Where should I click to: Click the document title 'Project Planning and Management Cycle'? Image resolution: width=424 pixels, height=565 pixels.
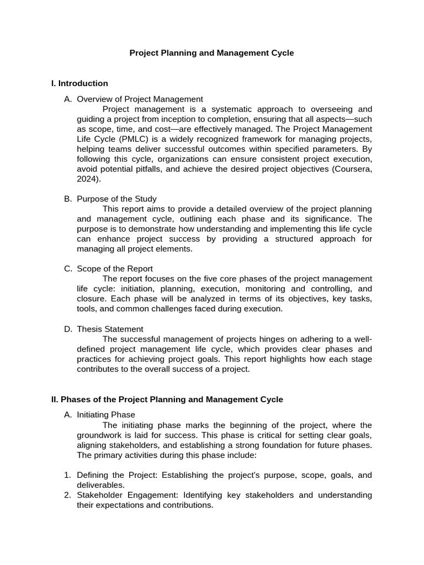point(211,53)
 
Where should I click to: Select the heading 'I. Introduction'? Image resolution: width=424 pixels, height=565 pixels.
point(79,83)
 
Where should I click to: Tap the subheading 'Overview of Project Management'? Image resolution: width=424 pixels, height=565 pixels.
point(140,99)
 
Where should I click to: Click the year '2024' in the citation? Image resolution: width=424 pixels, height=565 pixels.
point(86,178)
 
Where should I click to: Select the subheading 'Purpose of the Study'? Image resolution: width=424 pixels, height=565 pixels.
point(116,199)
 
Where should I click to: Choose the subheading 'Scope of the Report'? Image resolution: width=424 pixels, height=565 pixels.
point(115,269)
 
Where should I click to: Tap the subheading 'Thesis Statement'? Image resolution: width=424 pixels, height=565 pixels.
point(110,329)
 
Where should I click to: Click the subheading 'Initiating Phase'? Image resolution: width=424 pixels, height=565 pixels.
point(106,414)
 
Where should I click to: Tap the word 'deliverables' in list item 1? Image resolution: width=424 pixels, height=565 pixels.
point(100,484)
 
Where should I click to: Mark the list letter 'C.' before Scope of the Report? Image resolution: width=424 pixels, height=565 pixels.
point(68,269)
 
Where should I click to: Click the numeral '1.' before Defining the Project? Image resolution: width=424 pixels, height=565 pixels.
point(67,475)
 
